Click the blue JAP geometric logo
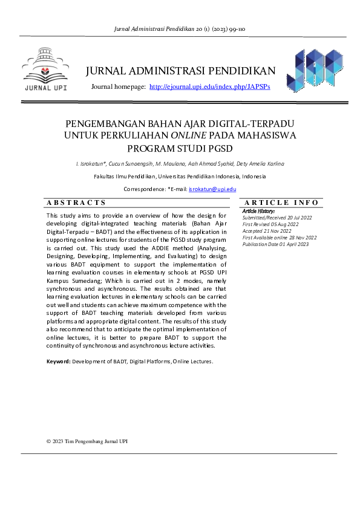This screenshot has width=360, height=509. tap(315, 71)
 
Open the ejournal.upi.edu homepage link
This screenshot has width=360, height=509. tap(209, 87)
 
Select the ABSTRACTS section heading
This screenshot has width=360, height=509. tap(77, 203)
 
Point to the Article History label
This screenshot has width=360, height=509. tap(258, 211)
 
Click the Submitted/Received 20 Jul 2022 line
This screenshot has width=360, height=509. tap(277, 218)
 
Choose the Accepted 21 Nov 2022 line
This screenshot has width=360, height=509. tap(266, 231)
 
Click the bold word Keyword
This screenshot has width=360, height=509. tap(58, 361)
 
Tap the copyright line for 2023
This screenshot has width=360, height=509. tap(87, 441)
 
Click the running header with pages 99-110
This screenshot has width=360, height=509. tap(180, 28)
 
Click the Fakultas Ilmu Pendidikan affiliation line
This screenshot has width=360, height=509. tap(180, 177)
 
